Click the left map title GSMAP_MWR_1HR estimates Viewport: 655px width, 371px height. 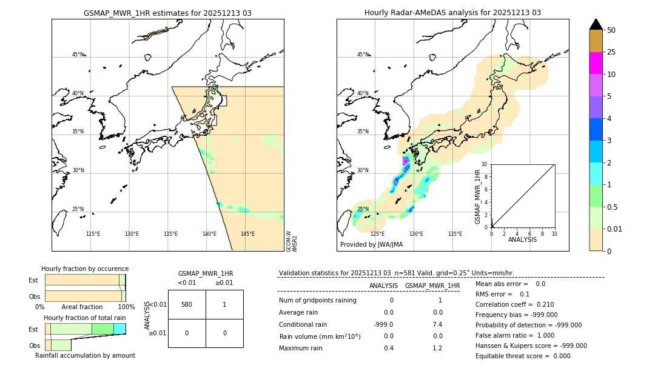[x=167, y=13]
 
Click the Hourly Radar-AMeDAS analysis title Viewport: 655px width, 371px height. [x=452, y=13]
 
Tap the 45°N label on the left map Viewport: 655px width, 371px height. [x=78, y=55]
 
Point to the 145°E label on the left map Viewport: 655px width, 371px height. [x=247, y=234]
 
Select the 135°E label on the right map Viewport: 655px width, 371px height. [x=455, y=234]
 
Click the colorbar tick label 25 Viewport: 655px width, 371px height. [x=611, y=52]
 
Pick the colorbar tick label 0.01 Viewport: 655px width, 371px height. [x=615, y=229]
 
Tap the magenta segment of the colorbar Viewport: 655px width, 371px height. [x=596, y=63]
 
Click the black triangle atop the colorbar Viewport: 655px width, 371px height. [x=596, y=24]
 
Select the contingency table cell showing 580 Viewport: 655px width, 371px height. [x=187, y=304]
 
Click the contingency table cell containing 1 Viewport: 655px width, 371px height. [x=224, y=304]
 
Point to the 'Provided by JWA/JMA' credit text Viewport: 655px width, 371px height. [x=371, y=245]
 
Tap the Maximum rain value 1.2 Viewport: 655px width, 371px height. [x=437, y=348]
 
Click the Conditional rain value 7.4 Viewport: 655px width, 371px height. [x=437, y=324]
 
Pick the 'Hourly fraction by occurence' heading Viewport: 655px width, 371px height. [x=85, y=269]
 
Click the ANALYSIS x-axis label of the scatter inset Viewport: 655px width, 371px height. [x=522, y=239]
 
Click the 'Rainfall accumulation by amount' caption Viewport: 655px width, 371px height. [x=85, y=356]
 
